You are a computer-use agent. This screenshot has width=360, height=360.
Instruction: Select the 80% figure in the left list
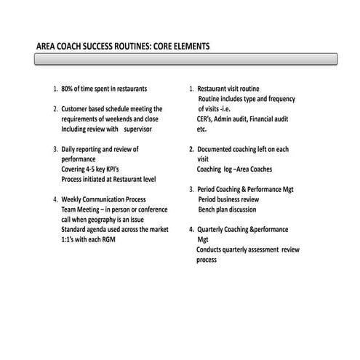pyautogui.click(x=68, y=89)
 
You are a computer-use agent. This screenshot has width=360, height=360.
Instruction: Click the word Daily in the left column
pyautogui.click(x=69, y=149)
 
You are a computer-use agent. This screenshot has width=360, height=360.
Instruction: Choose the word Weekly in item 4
pyautogui.click(x=73, y=199)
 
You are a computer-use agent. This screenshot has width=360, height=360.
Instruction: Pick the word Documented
pyautogui.click(x=215, y=149)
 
